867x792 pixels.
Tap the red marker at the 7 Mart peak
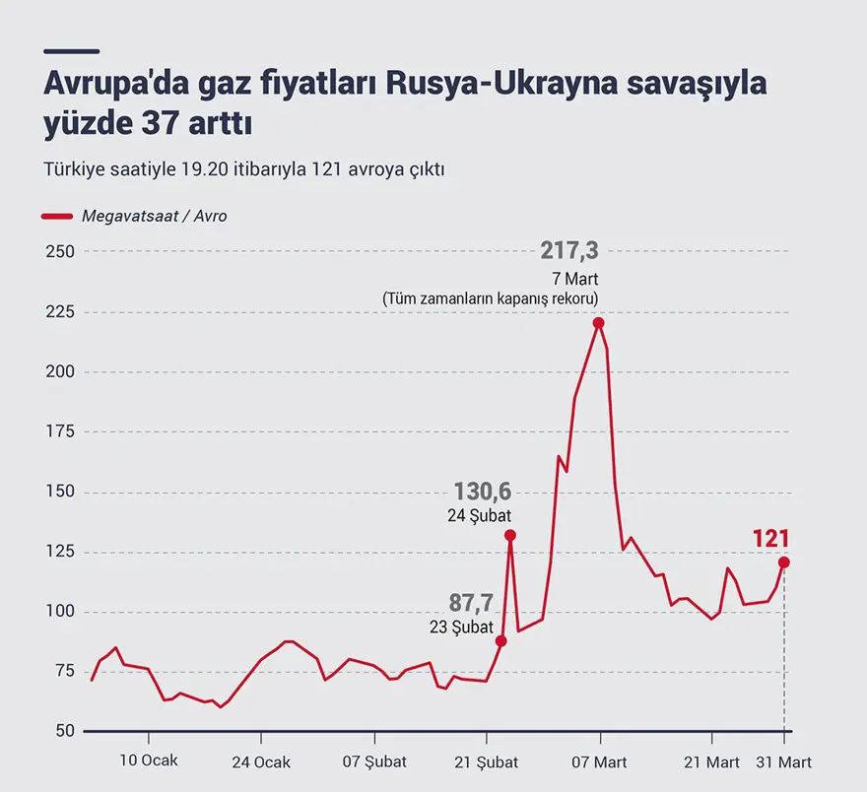[598, 323]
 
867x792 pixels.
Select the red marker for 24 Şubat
[509, 535]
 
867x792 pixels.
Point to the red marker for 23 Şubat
[500, 641]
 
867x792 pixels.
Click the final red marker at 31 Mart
[784, 562]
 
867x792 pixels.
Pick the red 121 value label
[771, 538]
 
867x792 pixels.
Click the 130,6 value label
[482, 492]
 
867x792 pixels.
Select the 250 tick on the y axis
[60, 252]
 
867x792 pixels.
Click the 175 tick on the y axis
[60, 431]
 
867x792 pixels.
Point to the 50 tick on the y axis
[64, 732]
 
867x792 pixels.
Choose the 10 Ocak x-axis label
[148, 762]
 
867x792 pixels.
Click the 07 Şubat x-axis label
[373, 762]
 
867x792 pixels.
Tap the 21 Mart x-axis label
[711, 762]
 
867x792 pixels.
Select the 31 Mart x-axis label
[784, 762]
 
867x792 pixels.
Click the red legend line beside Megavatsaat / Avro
[57, 216]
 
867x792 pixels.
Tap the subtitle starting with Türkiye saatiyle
[244, 168]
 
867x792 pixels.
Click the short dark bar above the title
[71, 51]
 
